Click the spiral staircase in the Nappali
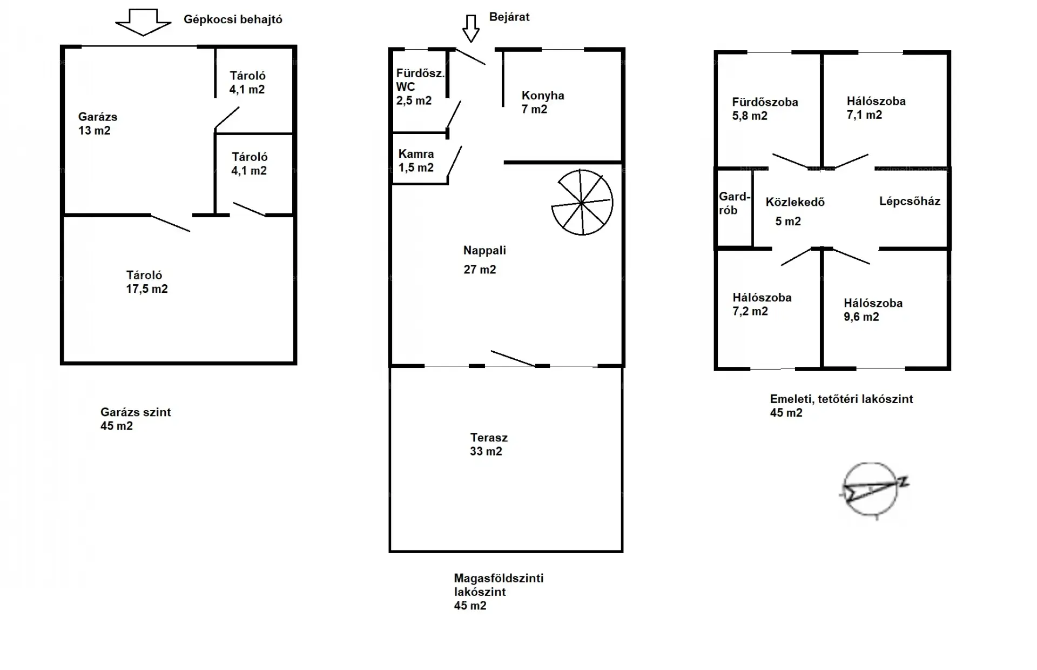pos(582,203)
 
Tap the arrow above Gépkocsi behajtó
pos(143,22)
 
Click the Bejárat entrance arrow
pos(471,28)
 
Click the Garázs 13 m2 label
pos(98,123)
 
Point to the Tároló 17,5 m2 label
pos(147,282)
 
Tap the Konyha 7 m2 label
pos(543,102)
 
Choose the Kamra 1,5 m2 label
pos(416,160)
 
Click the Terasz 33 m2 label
pos(488,444)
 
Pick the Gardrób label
pos(735,203)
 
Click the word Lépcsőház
pos(910,201)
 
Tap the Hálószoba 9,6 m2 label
pos(873,310)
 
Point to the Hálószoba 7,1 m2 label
pos(876,108)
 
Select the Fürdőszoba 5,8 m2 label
pos(765,109)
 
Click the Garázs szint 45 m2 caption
pos(136,419)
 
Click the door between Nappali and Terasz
pos(513,358)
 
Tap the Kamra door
pos(455,161)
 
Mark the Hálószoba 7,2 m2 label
pos(762,304)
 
